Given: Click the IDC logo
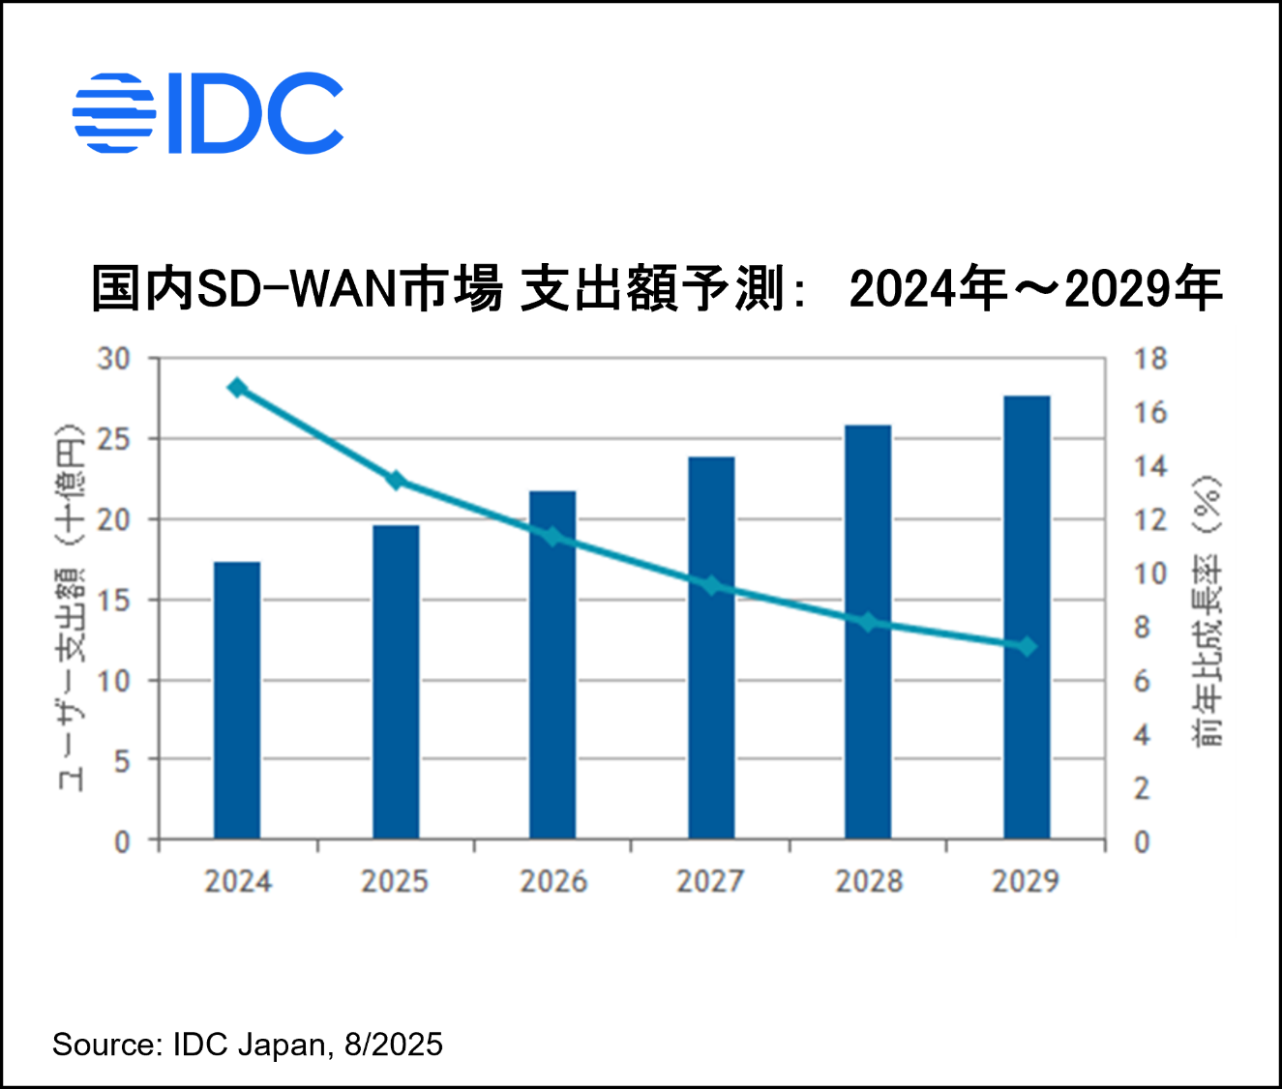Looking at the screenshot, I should [208, 113].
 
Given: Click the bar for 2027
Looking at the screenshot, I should [711, 647].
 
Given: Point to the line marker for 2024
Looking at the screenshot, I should [237, 389].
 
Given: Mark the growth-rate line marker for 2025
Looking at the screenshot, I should [395, 481].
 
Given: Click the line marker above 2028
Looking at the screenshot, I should [869, 623].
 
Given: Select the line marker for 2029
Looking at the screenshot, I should [1027, 646].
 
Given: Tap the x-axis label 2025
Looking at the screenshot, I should [395, 881].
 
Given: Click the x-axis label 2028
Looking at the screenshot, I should [869, 881].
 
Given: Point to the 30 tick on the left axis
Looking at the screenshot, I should [113, 359].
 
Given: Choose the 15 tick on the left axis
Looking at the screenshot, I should [113, 601].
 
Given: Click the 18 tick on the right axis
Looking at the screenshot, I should [1150, 359].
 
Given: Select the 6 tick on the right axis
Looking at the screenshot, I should [1142, 682].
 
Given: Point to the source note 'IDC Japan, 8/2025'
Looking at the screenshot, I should [307, 1045].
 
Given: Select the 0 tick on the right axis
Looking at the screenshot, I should [1142, 842].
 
